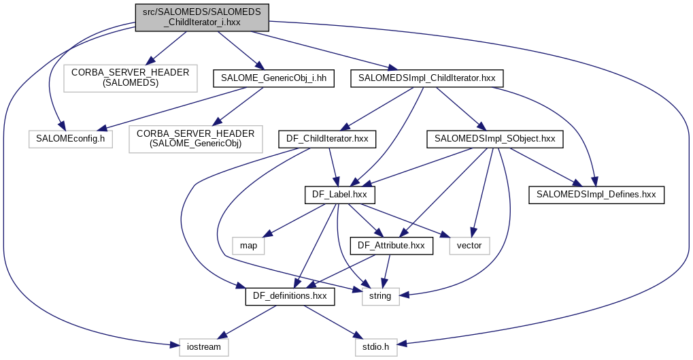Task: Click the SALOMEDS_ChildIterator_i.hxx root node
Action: [x=203, y=17]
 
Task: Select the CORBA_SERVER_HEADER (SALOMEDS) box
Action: [x=130, y=78]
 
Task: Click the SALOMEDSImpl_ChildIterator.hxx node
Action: [x=427, y=78]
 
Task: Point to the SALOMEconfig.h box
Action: [x=71, y=140]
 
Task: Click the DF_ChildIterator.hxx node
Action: [x=328, y=140]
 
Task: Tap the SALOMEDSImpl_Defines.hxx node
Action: [x=596, y=195]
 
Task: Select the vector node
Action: [x=469, y=245]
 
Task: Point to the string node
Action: [x=380, y=296]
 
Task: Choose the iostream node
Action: [x=204, y=347]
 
